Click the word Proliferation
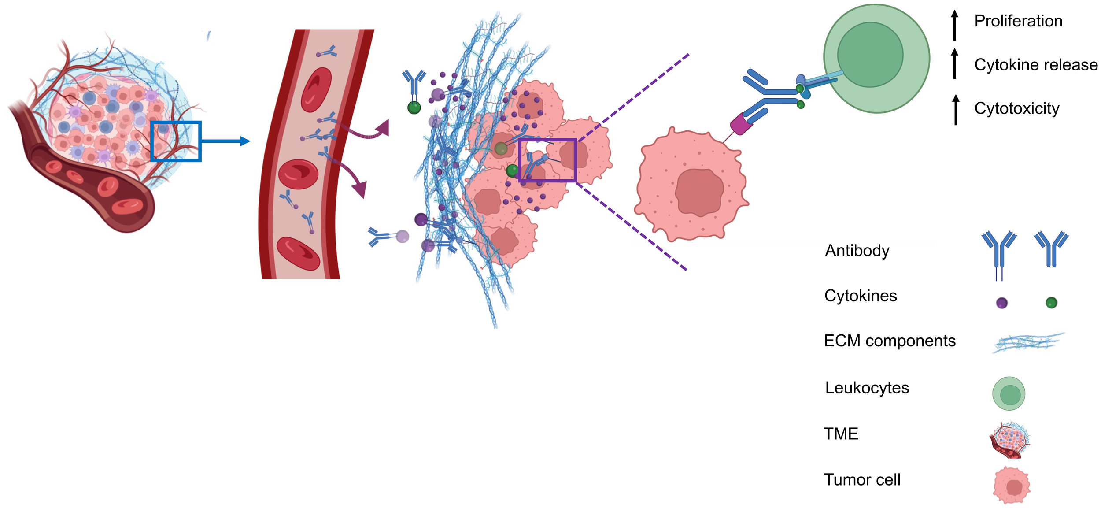[x=1018, y=21]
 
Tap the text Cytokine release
[x=1035, y=65]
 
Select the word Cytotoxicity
[x=1016, y=108]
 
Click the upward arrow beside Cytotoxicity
[x=955, y=109]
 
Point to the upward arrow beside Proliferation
[x=954, y=25]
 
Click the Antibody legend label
[x=857, y=250]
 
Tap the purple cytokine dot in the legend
[x=1001, y=303]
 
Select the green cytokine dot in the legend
[x=1051, y=303]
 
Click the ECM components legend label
[x=889, y=341]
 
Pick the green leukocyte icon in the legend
[x=1009, y=393]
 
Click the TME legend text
[x=841, y=434]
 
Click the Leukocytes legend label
[x=867, y=388]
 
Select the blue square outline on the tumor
[x=176, y=122]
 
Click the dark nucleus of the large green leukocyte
[x=870, y=55]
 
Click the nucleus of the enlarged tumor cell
[x=699, y=192]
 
